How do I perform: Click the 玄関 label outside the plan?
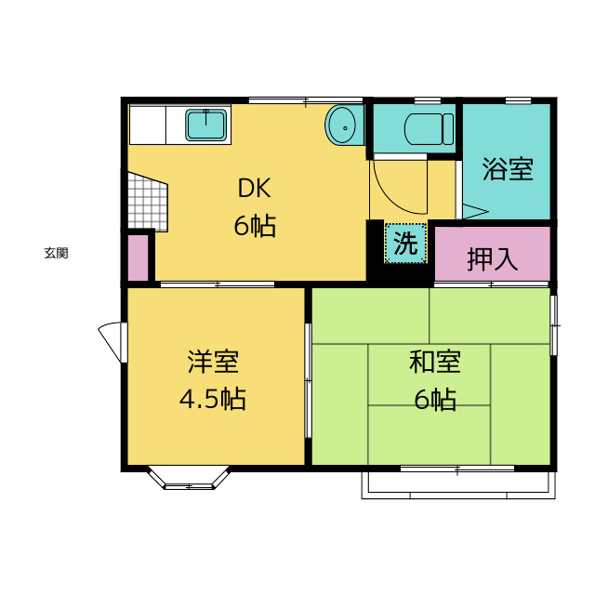[x=56, y=253]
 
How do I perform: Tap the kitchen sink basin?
[x=206, y=125]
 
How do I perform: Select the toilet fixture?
[x=430, y=129]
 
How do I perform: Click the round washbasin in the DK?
[x=341, y=125]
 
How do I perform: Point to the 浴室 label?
[x=508, y=168]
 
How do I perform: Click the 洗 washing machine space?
[x=405, y=243]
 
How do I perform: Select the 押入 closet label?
[x=492, y=259]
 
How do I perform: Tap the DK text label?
[x=254, y=188]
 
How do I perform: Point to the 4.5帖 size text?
[x=213, y=399]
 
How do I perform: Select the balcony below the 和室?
[x=458, y=485]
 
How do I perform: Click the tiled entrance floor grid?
[x=148, y=202]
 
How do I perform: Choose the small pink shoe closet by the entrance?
[x=138, y=258]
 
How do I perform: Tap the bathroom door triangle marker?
[x=474, y=211]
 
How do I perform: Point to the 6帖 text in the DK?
[x=254, y=226]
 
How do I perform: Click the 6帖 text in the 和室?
[x=435, y=399]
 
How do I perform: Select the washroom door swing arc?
[x=401, y=187]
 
